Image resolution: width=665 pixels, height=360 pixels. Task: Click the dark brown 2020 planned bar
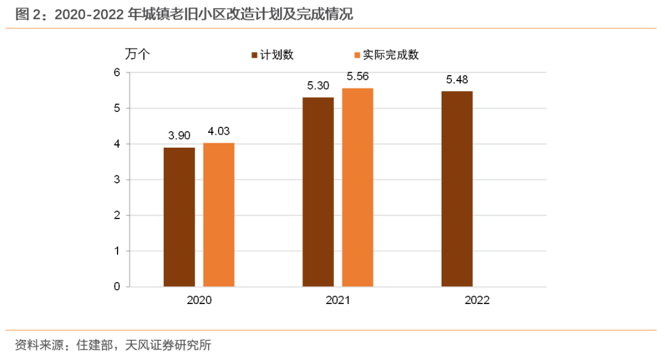point(179,217)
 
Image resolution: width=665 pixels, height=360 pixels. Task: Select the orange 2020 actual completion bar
point(219,215)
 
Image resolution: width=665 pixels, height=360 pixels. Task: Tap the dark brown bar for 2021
point(318,192)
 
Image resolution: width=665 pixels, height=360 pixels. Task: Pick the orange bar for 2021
point(358,188)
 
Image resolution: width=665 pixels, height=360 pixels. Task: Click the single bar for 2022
point(457,189)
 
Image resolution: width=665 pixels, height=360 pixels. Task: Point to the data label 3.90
point(179,135)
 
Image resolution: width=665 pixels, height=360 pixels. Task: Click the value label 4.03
point(219,130)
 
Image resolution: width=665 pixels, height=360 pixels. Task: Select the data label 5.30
point(318,86)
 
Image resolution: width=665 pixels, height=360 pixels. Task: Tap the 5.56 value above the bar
point(358,76)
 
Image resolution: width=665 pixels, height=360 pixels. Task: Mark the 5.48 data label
point(457,79)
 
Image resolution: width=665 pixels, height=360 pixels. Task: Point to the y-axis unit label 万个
point(137,54)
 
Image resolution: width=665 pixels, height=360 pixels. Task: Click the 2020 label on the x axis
point(199,300)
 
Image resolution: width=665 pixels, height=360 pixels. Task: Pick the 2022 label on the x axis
point(477,300)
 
